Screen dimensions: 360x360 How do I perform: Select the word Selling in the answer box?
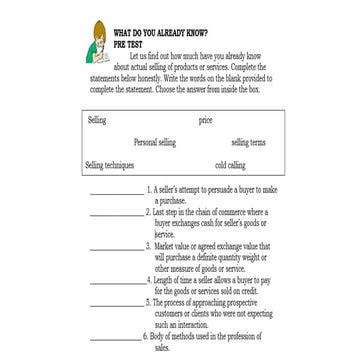click(97, 120)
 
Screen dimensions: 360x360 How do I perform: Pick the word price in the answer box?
click(206, 120)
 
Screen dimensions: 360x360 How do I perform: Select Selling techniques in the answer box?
click(108, 164)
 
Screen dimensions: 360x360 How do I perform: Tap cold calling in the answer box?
click(229, 164)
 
